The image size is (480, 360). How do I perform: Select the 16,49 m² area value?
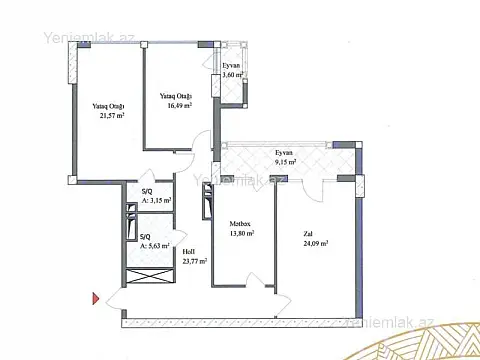[x=175, y=105]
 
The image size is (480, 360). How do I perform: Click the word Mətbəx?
[x=239, y=223]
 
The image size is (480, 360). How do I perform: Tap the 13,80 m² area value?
[x=241, y=233]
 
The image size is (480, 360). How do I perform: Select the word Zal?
[x=308, y=234]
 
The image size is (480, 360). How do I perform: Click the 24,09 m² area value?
[x=316, y=243]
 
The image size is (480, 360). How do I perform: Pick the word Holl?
[x=188, y=252]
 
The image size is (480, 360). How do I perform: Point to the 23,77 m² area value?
[x=194, y=262]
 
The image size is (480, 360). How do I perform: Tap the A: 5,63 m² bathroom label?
[x=154, y=245]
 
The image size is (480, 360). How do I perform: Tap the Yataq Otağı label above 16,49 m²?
[x=175, y=95]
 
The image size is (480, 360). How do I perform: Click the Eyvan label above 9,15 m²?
[x=285, y=152]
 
